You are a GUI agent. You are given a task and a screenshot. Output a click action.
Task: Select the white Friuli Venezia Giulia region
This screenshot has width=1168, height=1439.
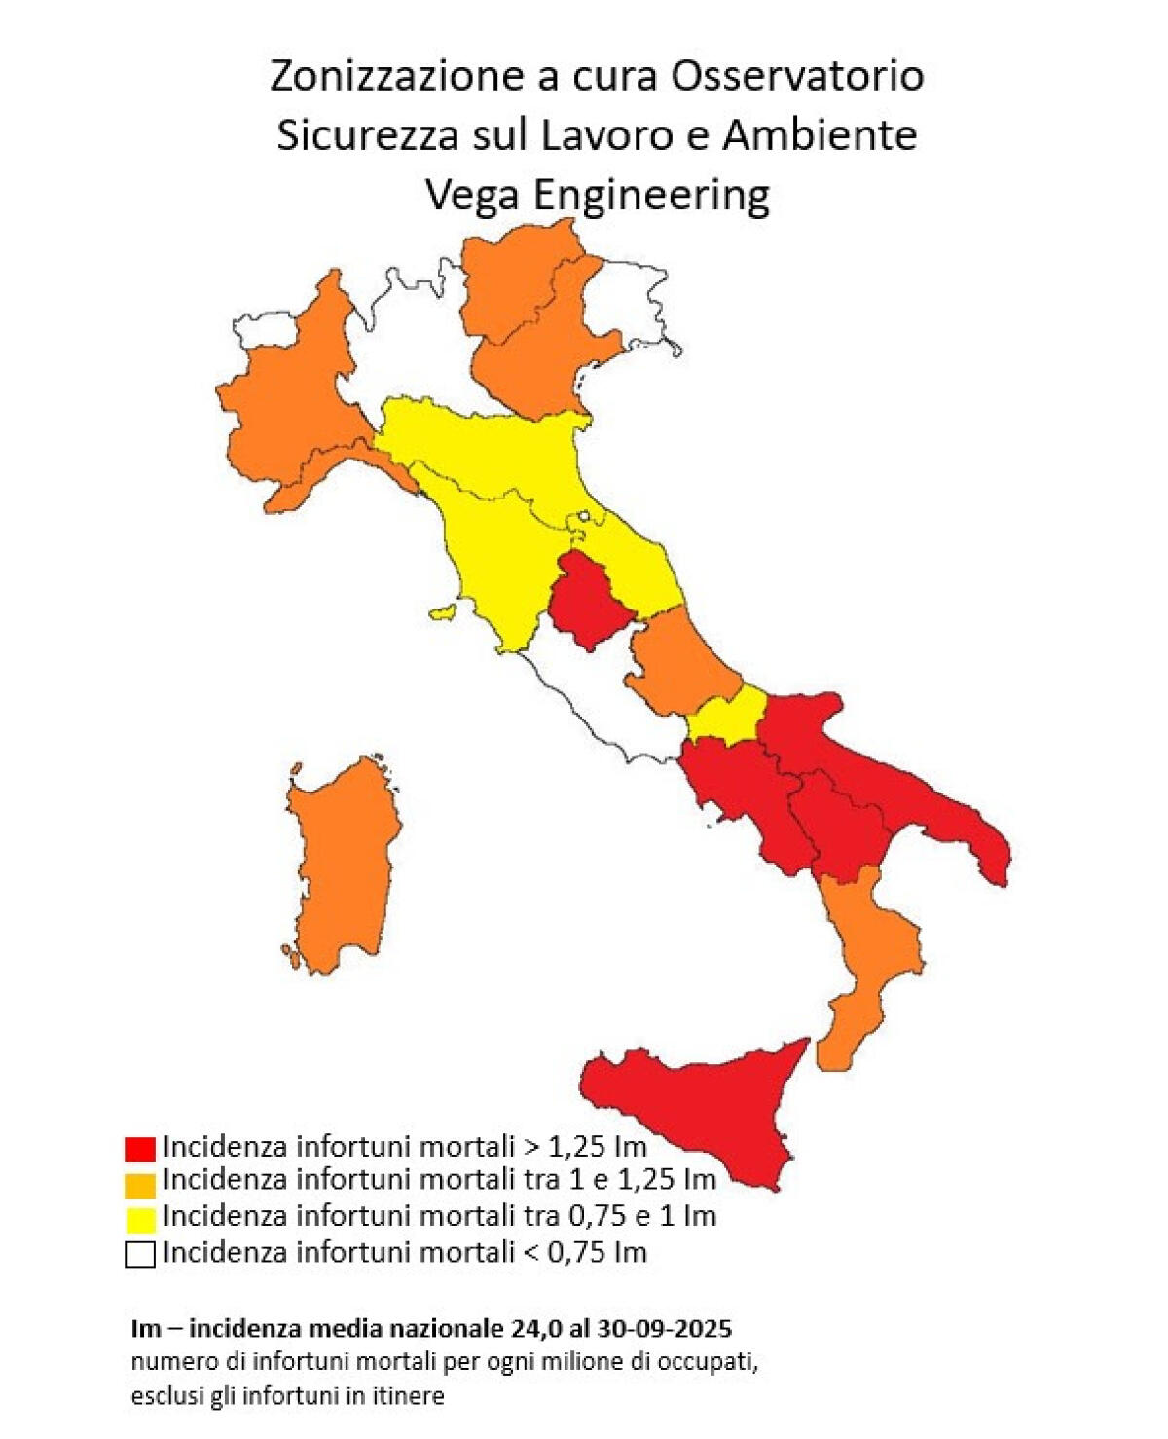point(633,302)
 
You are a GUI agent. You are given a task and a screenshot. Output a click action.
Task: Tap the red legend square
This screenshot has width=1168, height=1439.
point(140,1148)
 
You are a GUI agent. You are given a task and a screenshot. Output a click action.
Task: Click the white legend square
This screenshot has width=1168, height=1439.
point(140,1254)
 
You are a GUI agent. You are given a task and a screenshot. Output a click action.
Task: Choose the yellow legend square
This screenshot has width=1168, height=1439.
point(140,1219)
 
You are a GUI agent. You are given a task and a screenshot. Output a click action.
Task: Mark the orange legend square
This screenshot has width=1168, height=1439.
point(140,1184)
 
